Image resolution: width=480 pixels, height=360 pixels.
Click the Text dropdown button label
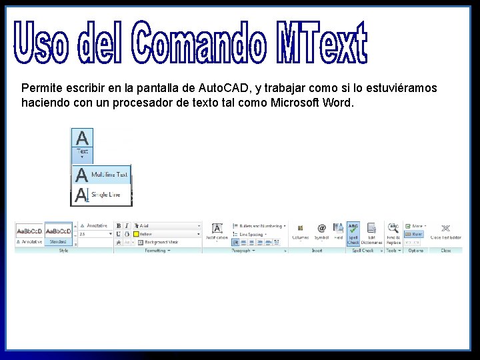pyautogui.click(x=82, y=152)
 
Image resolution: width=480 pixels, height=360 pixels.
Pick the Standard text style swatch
pyautogui.click(x=59, y=234)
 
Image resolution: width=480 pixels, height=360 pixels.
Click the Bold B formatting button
pyautogui.click(x=118, y=226)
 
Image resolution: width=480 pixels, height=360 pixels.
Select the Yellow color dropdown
pyautogui.click(x=167, y=234)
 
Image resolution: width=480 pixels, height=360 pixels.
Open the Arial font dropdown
pyautogui.click(x=167, y=226)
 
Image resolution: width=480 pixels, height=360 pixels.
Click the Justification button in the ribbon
pyautogui.click(x=217, y=233)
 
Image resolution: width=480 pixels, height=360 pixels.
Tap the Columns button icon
pyautogui.click(x=300, y=232)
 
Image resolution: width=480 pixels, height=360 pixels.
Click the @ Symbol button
pyautogui.click(x=321, y=232)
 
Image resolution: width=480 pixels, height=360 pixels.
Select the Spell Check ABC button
pyautogui.click(x=353, y=233)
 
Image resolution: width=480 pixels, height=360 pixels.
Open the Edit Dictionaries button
pyautogui.click(x=371, y=233)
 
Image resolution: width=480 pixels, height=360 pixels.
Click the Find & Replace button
pyautogui.click(x=393, y=233)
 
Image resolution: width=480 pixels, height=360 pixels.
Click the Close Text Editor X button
pyautogui.click(x=445, y=232)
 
